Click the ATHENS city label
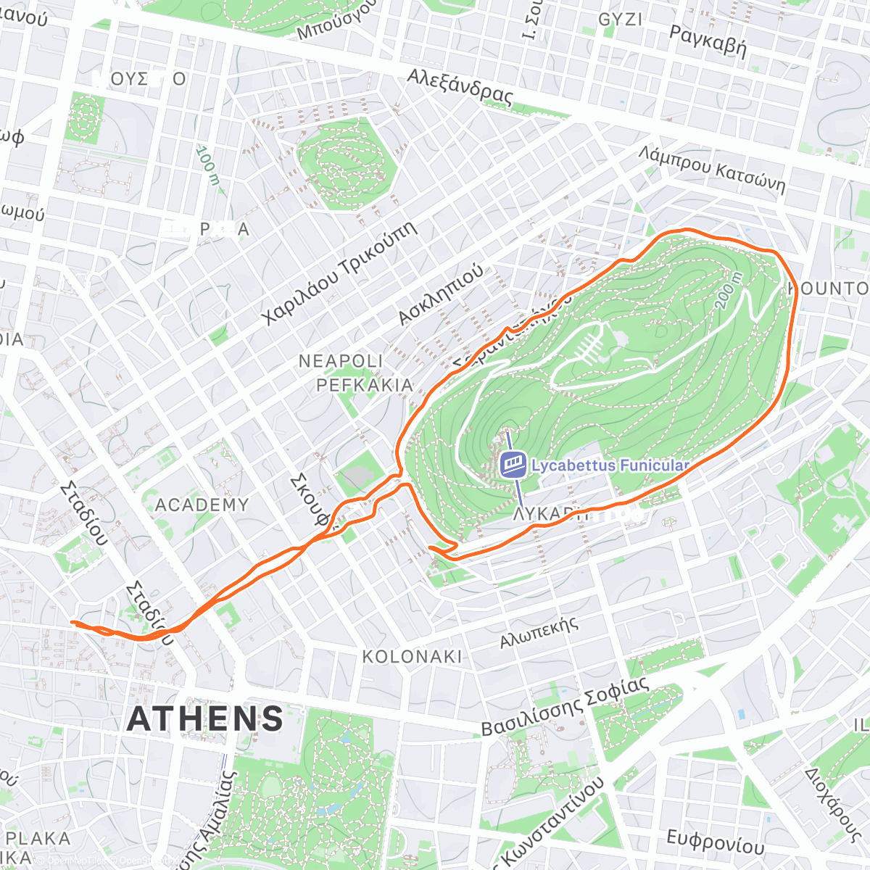205,718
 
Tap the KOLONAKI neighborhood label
412,657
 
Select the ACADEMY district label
202,505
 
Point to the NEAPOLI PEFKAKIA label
355,373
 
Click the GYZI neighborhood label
620,20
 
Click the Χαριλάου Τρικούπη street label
340,273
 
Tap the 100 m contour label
207,165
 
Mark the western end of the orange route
72,622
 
